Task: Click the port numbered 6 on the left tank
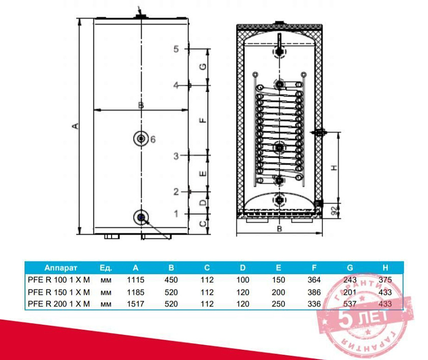coord(140,139)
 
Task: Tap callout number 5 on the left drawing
coord(176,49)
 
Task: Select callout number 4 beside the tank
coord(176,86)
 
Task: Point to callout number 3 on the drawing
coord(176,156)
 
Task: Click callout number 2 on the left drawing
coord(176,192)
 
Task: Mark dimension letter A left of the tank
coord(75,125)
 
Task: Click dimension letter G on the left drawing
coord(202,67)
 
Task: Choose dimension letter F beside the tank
coord(202,120)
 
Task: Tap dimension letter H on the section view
coord(334,168)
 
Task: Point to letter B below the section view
coord(279,229)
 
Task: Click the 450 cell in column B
coord(171,280)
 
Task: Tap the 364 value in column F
coord(314,280)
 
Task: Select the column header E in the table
coord(278,267)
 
